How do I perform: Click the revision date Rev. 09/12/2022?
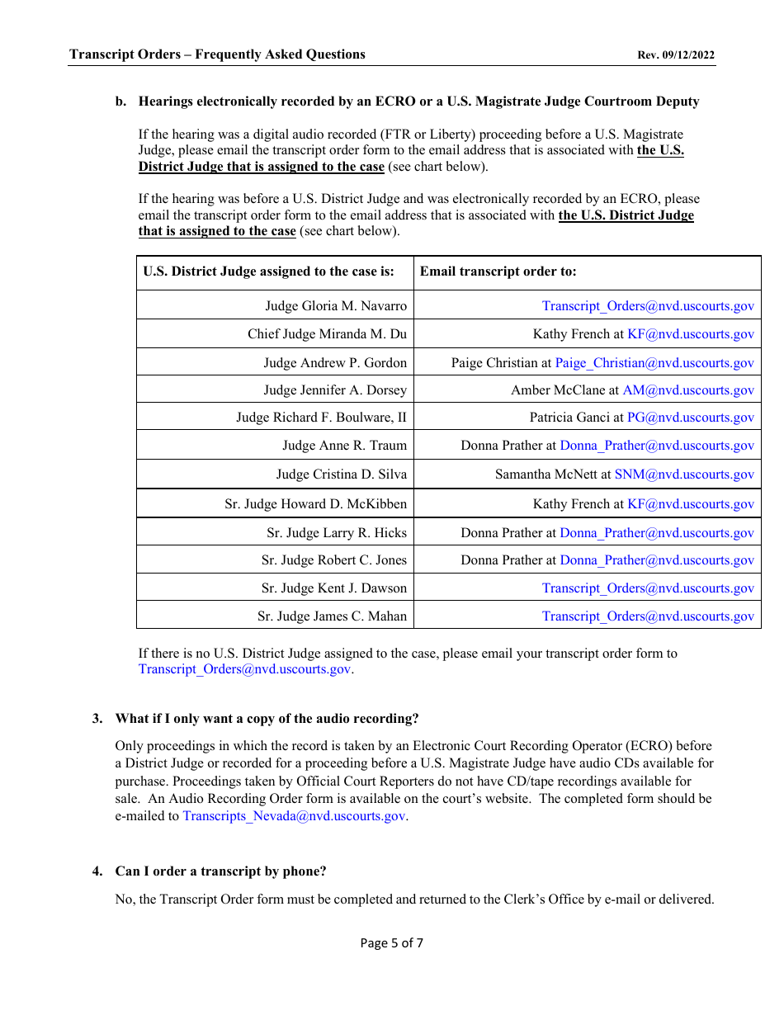[676, 55]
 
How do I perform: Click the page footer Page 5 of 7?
[391, 943]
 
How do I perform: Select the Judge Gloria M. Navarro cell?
[336, 306]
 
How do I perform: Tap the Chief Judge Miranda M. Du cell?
[327, 334]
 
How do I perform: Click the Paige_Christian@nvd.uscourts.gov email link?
[654, 363]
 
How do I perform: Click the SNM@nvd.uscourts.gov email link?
[684, 474]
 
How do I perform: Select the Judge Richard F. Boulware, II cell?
[321, 418]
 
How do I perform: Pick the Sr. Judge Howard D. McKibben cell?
[315, 504]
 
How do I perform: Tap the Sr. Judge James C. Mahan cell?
[332, 616]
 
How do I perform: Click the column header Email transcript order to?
[498, 271]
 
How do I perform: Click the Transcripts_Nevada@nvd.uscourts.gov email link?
[294, 816]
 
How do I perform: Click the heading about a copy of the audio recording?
[267, 719]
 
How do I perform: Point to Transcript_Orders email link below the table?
[244, 669]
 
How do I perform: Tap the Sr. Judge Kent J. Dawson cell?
[334, 588]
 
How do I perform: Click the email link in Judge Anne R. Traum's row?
[657, 446]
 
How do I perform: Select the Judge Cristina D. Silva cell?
[341, 474]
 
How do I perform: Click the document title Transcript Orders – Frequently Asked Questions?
[217, 54]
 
